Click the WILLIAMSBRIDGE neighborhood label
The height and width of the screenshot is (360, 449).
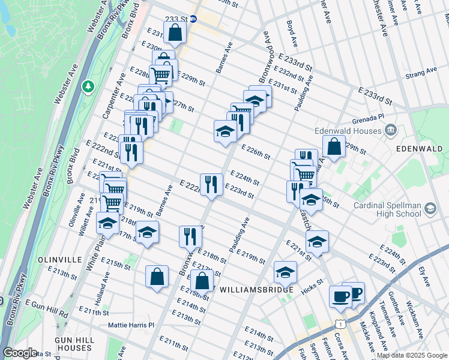256,290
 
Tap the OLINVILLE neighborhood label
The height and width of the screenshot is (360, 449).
59,259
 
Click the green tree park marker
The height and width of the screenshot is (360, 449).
89,87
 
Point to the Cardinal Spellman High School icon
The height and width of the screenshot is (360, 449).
430,209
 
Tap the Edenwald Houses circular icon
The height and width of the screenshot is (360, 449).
390,130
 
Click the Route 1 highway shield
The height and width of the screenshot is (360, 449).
341,323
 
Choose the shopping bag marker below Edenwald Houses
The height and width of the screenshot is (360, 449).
334,146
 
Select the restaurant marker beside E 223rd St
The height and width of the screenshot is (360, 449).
211,184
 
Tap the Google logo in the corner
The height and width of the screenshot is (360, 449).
20,353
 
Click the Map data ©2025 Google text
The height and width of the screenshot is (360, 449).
411,355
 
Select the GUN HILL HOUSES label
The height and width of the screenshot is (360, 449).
72,344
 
